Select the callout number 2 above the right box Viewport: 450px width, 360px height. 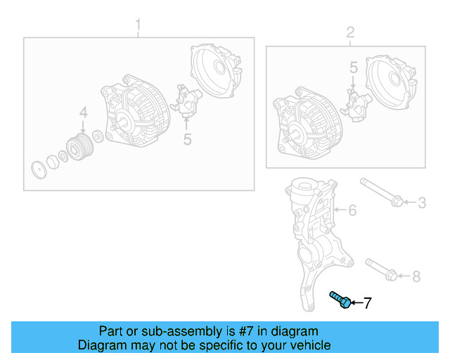349,32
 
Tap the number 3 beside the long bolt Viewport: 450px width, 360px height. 422,203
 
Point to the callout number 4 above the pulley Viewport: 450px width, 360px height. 83,112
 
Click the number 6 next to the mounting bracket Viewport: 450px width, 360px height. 353,210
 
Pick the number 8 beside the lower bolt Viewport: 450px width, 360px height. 416,276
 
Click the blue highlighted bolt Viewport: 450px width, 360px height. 340,300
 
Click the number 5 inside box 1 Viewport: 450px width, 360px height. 187,139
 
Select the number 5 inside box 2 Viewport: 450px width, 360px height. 354,68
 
